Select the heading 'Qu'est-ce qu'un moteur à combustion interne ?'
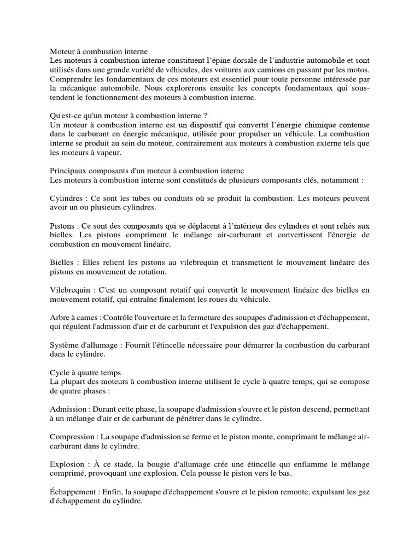pyautogui.click(x=129, y=115)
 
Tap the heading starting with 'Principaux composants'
pyautogui.click(x=147, y=171)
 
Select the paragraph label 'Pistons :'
pyautogui.click(x=64, y=226)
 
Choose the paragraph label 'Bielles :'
pyautogui.click(x=65, y=262)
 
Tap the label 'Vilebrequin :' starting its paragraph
pyautogui.click(x=73, y=290)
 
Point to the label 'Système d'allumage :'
pyautogui.click(x=86, y=346)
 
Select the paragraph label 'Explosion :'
pyautogui.click(x=71, y=465)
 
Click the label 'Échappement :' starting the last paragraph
pyautogui.click(x=76, y=492)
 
